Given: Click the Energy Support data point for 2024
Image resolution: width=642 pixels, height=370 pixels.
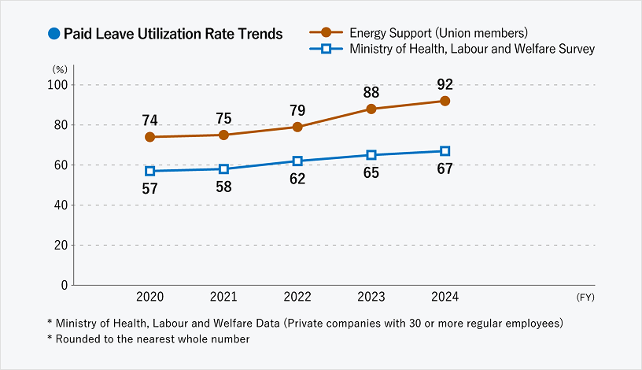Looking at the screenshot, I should [x=445, y=101].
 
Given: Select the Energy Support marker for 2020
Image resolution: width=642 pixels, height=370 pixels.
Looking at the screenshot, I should [x=149, y=137].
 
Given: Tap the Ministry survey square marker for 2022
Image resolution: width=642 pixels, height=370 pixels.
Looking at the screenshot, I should [x=297, y=161].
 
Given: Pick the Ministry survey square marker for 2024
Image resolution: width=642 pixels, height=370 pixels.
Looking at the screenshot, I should [x=445, y=151].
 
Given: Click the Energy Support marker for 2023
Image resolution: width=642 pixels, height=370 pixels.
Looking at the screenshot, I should [x=371, y=109].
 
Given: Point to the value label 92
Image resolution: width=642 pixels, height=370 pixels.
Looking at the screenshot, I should [x=445, y=84].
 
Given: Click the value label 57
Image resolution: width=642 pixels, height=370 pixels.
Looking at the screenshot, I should [x=149, y=188].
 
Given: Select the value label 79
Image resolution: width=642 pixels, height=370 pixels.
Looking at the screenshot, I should [x=297, y=110].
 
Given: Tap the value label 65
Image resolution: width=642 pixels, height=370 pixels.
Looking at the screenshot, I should [x=371, y=172].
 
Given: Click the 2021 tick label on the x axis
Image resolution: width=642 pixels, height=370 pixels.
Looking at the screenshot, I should [x=223, y=297].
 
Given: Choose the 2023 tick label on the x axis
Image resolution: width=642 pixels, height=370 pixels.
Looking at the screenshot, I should [x=371, y=297].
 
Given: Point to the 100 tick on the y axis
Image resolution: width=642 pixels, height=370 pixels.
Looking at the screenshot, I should [x=57, y=85].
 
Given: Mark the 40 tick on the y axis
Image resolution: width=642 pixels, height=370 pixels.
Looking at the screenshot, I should [x=61, y=205].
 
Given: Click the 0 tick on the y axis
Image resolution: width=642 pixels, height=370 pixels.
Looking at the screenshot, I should [x=64, y=285].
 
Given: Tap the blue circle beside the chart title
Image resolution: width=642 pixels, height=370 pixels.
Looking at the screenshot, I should [x=53, y=34].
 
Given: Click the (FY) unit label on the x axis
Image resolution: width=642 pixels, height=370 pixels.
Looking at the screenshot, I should [x=586, y=298].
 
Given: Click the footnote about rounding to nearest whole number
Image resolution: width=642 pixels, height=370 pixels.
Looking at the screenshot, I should [x=148, y=339].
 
